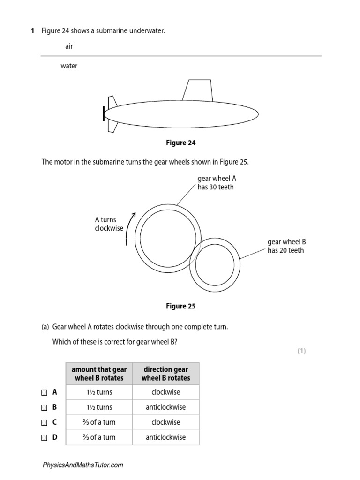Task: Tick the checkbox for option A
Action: (44, 392)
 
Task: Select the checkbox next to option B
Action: (44, 407)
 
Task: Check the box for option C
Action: (44, 422)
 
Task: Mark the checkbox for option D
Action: (44, 437)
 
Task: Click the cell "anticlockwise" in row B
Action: (165, 407)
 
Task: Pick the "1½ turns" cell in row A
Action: (99, 392)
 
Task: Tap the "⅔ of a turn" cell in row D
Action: (99, 437)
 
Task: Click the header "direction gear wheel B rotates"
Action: (165, 374)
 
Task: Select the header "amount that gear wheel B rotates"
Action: (99, 374)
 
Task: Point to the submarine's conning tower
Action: (197, 90)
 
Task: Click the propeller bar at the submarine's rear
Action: (104, 114)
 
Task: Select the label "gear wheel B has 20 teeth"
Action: (286, 246)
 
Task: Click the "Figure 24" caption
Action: (180, 143)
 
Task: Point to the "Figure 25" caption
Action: (180, 306)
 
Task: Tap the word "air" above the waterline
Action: (69, 46)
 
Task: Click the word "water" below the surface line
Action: (69, 66)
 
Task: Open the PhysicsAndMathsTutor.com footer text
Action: (83, 465)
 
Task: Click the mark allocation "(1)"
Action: (301, 351)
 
